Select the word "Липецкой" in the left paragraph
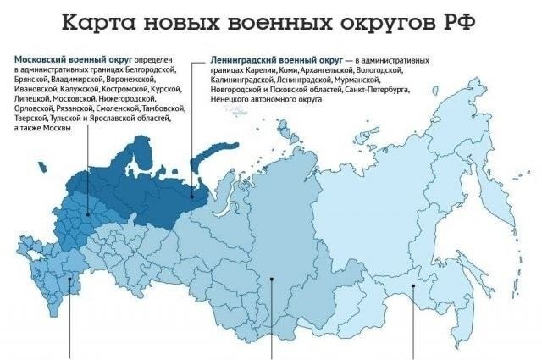point(32,99)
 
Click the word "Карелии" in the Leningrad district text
point(251,70)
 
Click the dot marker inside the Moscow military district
point(89,215)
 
